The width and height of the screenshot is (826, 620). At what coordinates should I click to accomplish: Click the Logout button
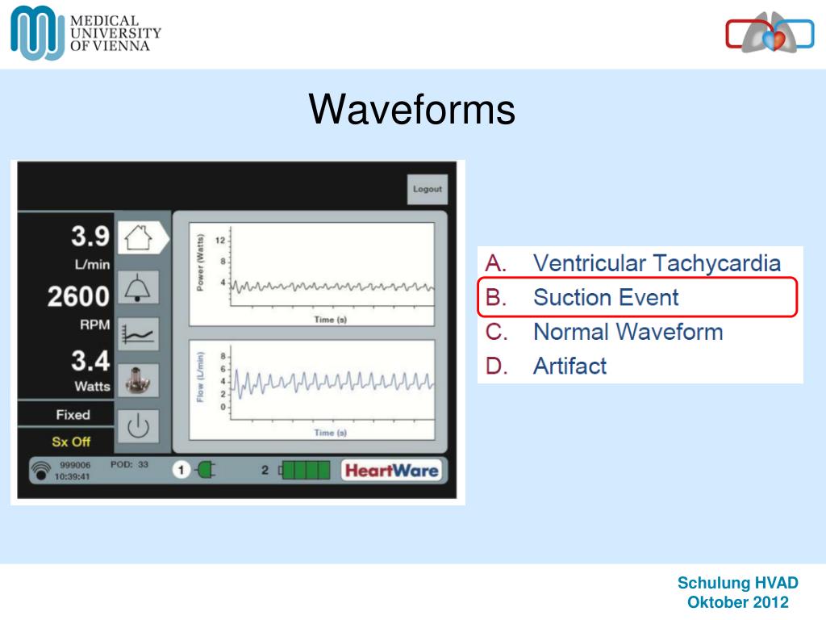point(427,189)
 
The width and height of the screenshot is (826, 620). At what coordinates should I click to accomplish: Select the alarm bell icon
point(138,286)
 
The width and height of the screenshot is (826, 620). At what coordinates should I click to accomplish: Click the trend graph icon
point(138,333)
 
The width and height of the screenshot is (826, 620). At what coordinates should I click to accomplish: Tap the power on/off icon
point(138,426)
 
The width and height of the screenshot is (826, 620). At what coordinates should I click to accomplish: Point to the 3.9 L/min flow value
point(90,237)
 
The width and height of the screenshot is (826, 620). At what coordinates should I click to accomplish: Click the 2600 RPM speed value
point(78,297)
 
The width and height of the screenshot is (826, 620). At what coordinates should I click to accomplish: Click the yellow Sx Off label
point(71,442)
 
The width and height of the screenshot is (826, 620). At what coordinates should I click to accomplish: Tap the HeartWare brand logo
point(390,470)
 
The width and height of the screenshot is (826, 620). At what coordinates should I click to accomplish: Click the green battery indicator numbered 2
point(306,470)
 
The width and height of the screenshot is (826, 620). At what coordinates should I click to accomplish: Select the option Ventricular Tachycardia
point(656,263)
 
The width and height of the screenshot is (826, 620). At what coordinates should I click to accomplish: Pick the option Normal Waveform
point(628,332)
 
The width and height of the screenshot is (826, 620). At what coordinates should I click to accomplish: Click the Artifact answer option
point(569,366)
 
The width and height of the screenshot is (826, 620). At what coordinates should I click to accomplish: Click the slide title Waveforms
point(412,109)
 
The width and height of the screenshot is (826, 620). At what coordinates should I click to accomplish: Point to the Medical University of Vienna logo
point(86,33)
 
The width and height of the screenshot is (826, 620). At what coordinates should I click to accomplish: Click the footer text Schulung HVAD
point(737,583)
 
